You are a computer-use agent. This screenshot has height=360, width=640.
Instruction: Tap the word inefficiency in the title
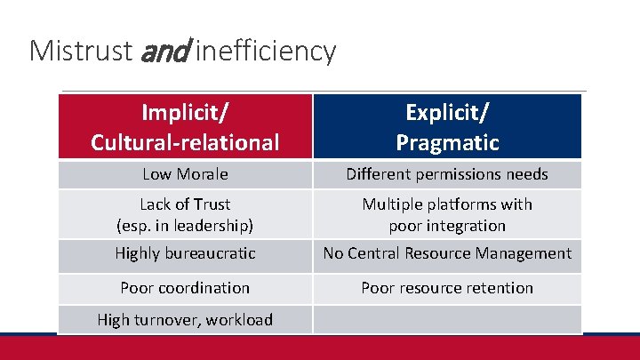click(265, 51)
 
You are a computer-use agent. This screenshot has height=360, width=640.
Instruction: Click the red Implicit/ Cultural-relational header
click(185, 126)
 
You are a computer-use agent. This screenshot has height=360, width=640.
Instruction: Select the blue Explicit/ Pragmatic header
click(447, 126)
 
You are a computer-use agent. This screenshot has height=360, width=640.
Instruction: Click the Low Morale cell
click(185, 174)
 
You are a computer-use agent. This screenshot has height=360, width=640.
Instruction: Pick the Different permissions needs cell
click(447, 174)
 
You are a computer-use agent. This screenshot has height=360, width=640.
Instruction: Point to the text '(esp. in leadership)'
click(185, 225)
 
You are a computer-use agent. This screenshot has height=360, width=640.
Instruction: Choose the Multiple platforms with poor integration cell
click(447, 214)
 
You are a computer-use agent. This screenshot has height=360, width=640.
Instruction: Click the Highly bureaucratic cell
click(185, 253)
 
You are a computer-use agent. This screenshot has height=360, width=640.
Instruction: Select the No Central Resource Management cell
click(447, 253)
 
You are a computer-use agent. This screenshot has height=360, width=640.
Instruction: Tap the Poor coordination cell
click(185, 287)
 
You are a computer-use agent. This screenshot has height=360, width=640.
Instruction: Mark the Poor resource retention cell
click(447, 287)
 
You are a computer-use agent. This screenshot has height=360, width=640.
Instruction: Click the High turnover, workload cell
click(185, 319)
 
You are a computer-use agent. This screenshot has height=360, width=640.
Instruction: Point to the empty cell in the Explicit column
click(447, 319)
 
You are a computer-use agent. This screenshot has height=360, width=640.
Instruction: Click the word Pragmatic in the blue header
click(447, 141)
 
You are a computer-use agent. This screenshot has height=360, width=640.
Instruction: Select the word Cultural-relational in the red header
click(185, 141)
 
